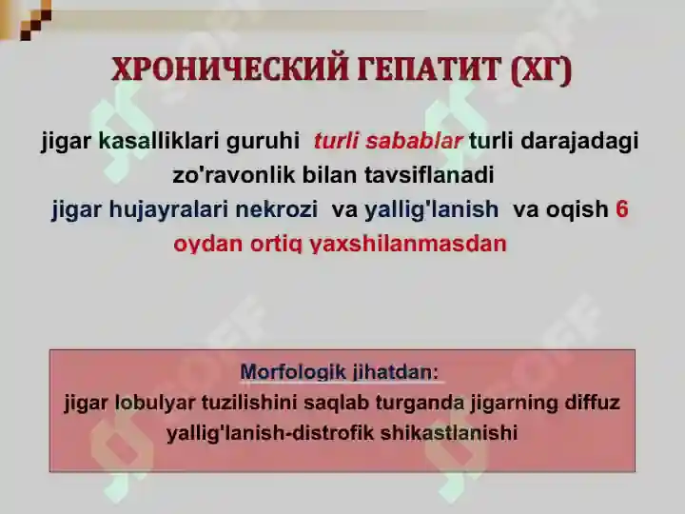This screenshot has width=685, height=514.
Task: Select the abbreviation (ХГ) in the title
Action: tap(541, 71)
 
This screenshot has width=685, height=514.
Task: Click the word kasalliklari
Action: tap(159, 142)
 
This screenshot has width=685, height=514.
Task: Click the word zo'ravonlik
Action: tap(223, 175)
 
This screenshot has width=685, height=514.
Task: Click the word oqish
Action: tap(577, 209)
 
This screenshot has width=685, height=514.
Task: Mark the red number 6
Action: tap(622, 209)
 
